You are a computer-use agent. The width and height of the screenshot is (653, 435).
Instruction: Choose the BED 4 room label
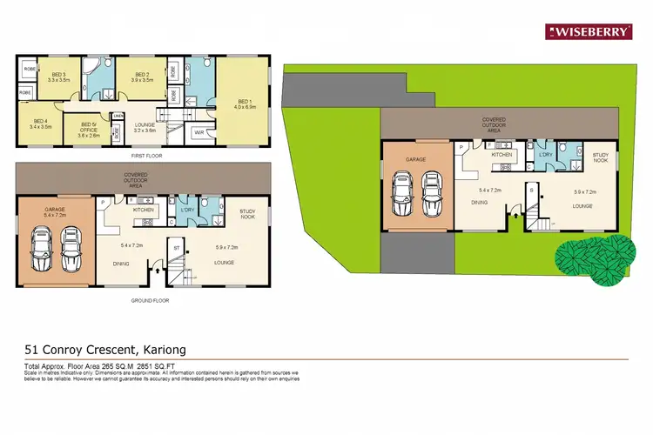[x=41, y=124]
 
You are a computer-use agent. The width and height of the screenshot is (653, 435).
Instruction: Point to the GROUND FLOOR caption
[x=151, y=300]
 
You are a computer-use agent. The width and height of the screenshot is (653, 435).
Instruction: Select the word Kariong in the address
[x=160, y=350]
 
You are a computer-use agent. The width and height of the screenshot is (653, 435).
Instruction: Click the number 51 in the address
[x=32, y=350]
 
